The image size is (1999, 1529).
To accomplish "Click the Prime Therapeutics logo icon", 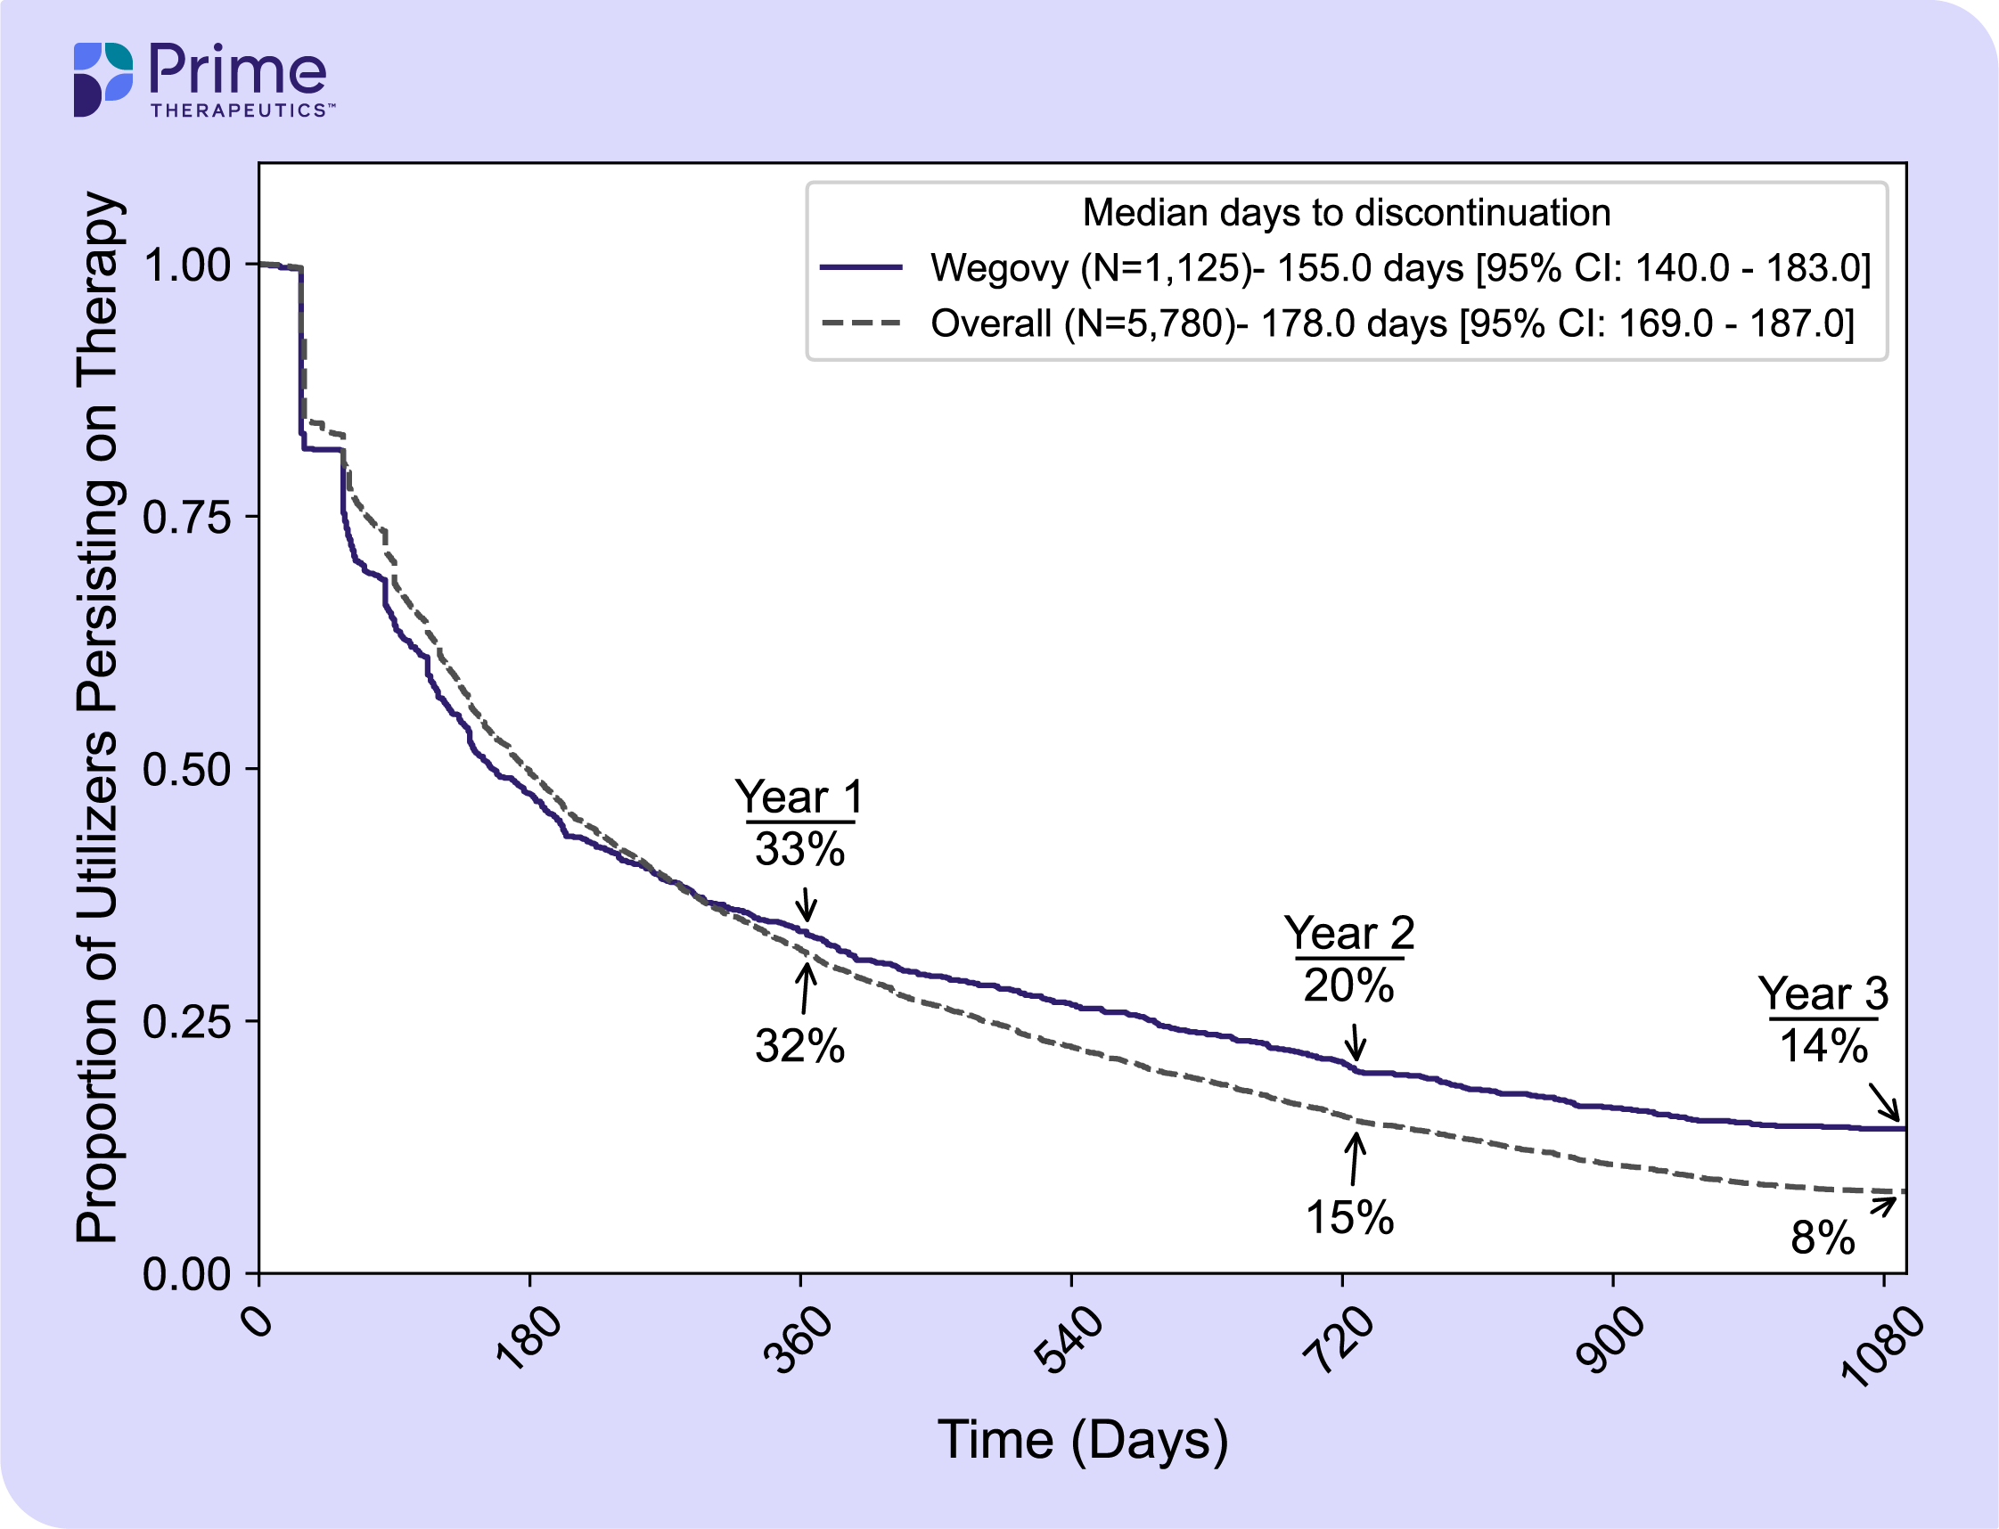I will (102, 79).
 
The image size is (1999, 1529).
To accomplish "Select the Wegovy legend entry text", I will (1400, 268).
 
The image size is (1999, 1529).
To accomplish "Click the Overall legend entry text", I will (1392, 324).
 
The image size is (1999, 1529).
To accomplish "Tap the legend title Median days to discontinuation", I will (1347, 213).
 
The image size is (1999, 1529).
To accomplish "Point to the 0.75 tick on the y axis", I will (187, 518).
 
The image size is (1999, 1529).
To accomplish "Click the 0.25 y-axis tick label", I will (187, 1022).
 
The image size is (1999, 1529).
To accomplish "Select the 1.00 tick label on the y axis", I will (187, 266).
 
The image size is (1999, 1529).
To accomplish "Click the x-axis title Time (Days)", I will (1082, 1441).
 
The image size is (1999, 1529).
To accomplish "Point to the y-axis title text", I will (97, 717).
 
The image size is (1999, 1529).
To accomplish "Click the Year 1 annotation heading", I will (799, 797).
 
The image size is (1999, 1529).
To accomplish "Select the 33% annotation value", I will (799, 849).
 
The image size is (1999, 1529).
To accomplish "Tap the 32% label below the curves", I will (799, 1047).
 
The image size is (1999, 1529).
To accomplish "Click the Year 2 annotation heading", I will (1349, 934).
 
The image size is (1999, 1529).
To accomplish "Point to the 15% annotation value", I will (1349, 1218).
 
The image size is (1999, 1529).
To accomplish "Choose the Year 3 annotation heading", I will (1823, 993).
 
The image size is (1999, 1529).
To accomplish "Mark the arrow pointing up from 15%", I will (1356, 1157).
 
